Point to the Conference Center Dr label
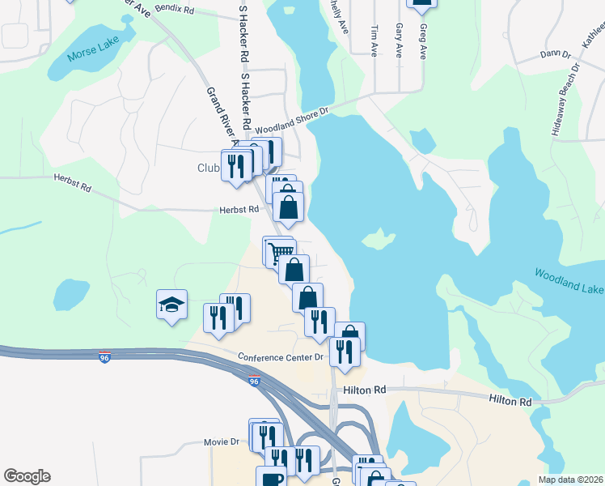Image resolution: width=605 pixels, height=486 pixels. click(x=281, y=356)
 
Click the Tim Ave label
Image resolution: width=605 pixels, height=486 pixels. click(x=374, y=39)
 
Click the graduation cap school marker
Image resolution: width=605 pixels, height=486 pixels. click(x=171, y=305)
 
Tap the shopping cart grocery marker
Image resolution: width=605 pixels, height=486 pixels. click(x=280, y=252)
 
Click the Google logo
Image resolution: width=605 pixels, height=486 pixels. click(x=27, y=476)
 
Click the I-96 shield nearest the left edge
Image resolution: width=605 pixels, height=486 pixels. click(x=104, y=357)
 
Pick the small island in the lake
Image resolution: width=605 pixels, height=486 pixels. click(x=379, y=239)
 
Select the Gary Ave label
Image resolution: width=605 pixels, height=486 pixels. click(x=399, y=40)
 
